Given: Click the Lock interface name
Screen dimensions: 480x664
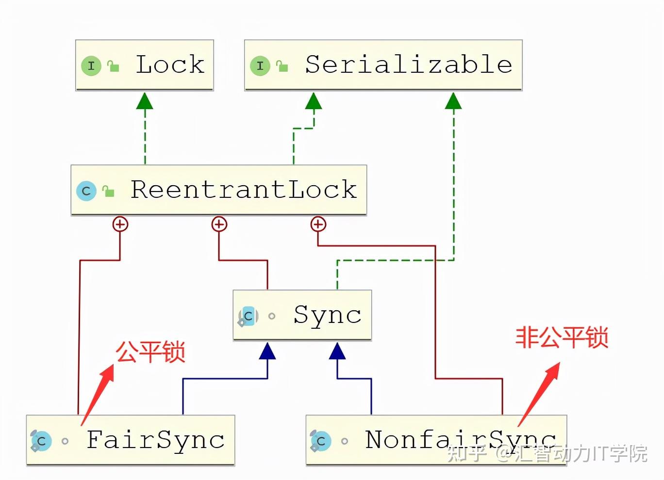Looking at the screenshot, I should (x=170, y=64).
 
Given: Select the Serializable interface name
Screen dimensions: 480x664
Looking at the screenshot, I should (x=408, y=64).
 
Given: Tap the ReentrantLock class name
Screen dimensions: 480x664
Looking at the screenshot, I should (x=244, y=190).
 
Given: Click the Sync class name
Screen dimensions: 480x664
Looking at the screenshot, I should (x=327, y=315).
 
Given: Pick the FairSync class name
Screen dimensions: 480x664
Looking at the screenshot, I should (x=155, y=440).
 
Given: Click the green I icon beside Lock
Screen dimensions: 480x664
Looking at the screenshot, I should (x=91, y=65).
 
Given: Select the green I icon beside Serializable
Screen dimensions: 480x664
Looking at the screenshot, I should (x=260, y=65).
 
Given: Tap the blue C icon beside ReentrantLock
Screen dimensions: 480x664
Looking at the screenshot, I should (x=86, y=191).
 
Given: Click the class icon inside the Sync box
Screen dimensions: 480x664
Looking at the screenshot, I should (x=248, y=316).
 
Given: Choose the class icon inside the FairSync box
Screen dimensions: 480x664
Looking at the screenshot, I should (x=41, y=441).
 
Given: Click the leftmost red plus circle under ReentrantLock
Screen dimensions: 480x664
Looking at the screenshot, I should (x=120, y=224).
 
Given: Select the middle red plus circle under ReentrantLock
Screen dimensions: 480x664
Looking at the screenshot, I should (x=219, y=224).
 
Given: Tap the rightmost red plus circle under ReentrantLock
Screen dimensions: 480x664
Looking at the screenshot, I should (x=318, y=224).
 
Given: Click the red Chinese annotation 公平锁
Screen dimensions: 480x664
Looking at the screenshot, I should (x=150, y=352).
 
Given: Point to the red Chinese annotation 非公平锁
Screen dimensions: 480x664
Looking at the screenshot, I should (x=562, y=337).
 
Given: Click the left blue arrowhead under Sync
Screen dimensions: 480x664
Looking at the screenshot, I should (x=267, y=351).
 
